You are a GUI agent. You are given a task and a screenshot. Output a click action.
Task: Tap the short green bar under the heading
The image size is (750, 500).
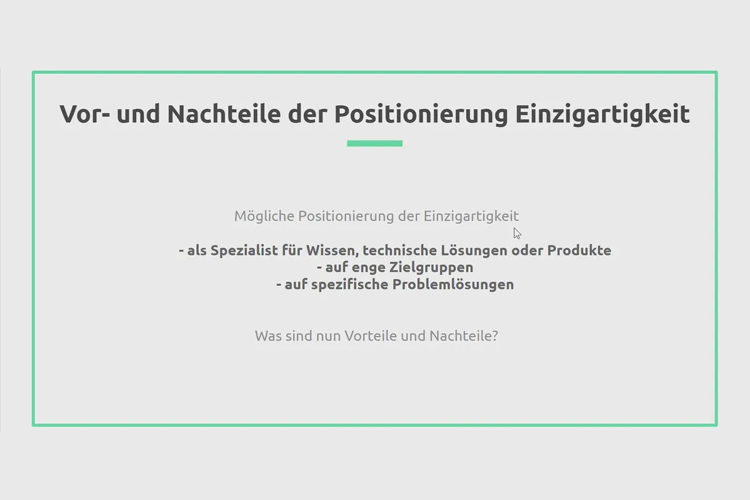click(374, 144)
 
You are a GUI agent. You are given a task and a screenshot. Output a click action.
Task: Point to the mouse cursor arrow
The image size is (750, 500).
click(517, 233)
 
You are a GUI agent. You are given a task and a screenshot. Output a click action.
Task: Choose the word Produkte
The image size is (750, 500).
click(579, 251)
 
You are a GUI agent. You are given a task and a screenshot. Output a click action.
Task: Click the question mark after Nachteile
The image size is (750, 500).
click(494, 336)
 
